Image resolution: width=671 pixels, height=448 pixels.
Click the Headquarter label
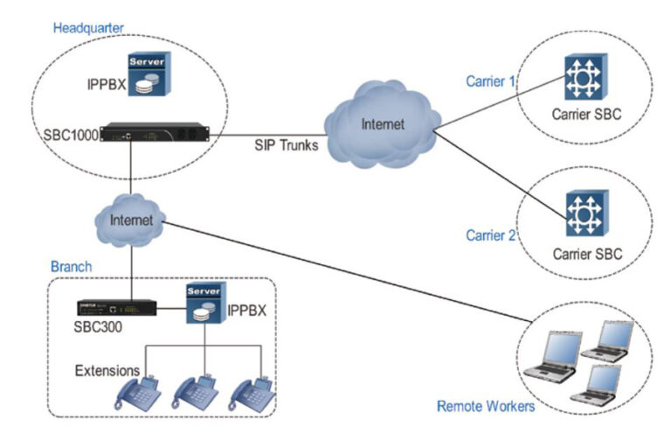(88, 27)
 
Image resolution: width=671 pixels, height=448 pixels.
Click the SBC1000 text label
(71, 136)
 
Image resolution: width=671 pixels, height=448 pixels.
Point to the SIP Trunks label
(286, 146)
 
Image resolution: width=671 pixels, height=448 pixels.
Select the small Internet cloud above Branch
(131, 220)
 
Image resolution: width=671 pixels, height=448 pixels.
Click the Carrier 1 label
(489, 83)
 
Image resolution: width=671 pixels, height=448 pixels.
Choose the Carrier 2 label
(489, 235)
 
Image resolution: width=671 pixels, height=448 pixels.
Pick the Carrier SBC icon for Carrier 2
(581, 214)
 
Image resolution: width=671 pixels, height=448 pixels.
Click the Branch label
(70, 266)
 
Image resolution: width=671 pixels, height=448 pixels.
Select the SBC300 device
(116, 308)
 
